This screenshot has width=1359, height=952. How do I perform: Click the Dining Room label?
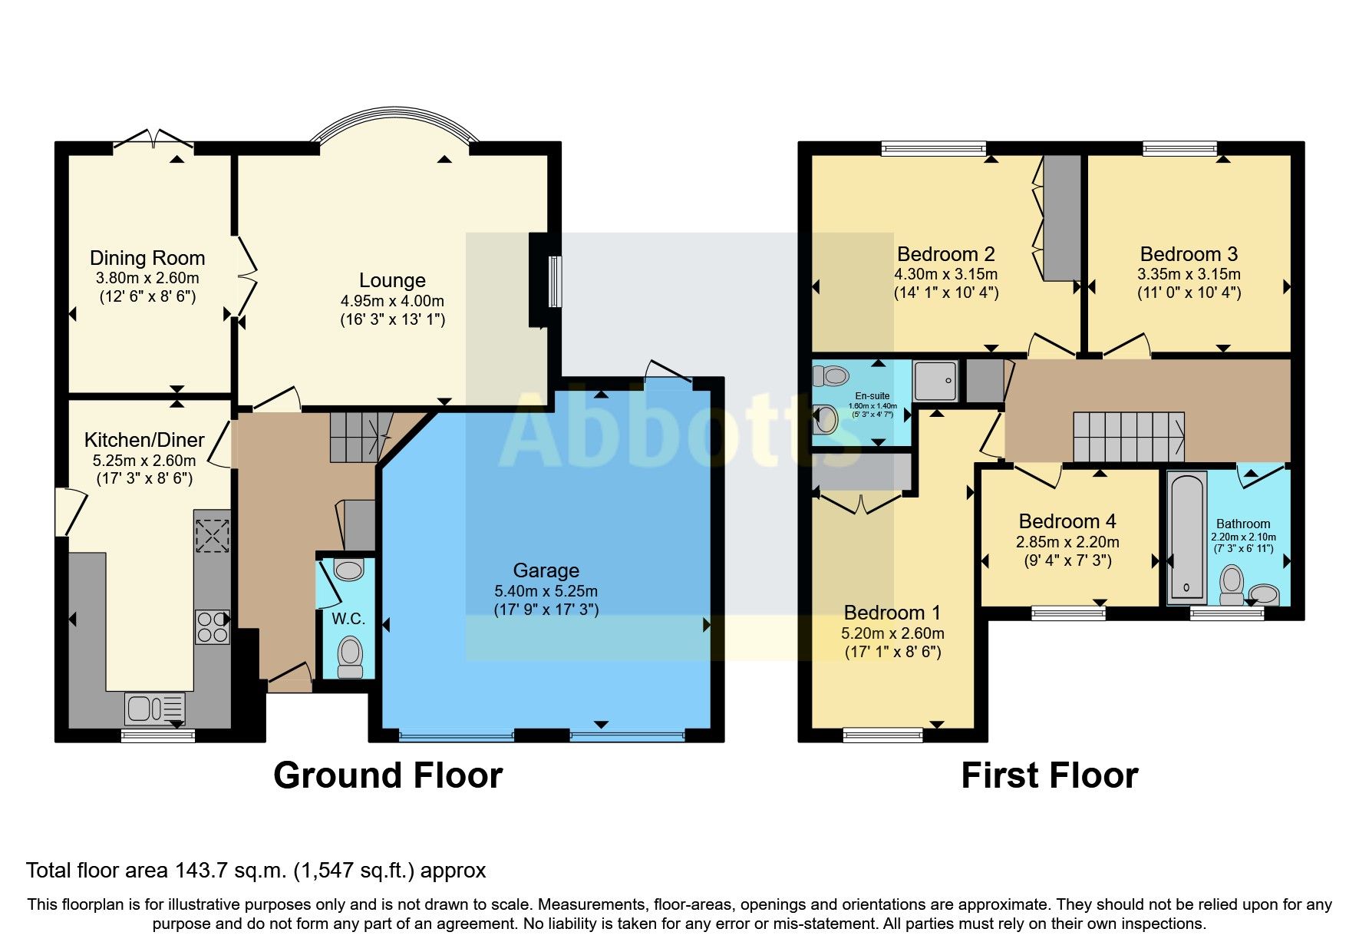pyautogui.click(x=147, y=258)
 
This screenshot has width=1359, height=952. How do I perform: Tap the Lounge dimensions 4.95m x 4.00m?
pyautogui.click(x=392, y=301)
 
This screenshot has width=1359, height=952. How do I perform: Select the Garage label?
pyautogui.click(x=546, y=570)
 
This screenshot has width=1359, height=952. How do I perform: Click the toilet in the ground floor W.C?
pyautogui.click(x=350, y=656)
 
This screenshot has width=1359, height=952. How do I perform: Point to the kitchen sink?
pyautogui.click(x=154, y=708)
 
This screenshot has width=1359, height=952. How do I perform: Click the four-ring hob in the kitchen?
pyautogui.click(x=212, y=626)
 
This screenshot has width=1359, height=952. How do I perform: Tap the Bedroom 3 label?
pyautogui.click(x=1189, y=254)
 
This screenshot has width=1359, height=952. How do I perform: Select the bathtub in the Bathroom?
pyautogui.click(x=1186, y=537)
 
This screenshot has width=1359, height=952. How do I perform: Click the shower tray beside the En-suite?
pyautogui.click(x=935, y=380)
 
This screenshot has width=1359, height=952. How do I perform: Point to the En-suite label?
pyautogui.click(x=872, y=396)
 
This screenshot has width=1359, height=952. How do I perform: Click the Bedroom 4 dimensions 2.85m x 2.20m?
pyautogui.click(x=1067, y=542)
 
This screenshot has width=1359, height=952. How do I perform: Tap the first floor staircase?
pyautogui.click(x=1128, y=437)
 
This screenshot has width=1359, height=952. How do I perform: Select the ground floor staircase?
pyautogui.click(x=359, y=437)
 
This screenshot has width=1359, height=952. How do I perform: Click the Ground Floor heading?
pyautogui.click(x=388, y=775)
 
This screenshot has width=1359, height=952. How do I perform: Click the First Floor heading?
pyautogui.click(x=1049, y=775)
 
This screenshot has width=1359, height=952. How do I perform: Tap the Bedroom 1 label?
pyautogui.click(x=892, y=613)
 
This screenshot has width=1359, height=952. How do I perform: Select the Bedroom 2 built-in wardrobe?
pyautogui.click(x=1061, y=218)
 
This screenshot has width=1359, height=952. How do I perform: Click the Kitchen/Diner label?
pyautogui.click(x=144, y=440)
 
